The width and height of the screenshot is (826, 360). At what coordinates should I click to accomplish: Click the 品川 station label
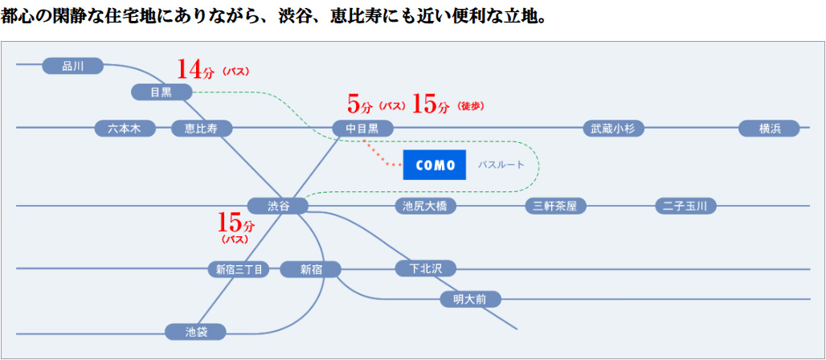tap(72, 66)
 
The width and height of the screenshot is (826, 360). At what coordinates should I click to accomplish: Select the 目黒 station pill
tap(162, 92)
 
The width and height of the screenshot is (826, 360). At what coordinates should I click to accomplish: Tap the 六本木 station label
tap(125, 128)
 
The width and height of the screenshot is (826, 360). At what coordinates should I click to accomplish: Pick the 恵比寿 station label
tap(202, 128)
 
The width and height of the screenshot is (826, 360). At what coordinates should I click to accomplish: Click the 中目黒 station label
tap(362, 128)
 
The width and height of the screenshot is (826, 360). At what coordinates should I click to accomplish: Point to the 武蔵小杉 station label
tap(613, 128)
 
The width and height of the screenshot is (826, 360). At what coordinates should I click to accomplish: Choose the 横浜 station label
tap(769, 128)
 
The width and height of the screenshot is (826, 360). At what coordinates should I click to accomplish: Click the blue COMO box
tap(435, 165)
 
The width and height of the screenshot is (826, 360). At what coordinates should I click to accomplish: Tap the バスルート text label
tap(501, 165)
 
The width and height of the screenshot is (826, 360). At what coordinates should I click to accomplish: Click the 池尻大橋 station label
tap(425, 206)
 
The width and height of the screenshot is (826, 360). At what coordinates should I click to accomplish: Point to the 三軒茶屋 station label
tap(555, 206)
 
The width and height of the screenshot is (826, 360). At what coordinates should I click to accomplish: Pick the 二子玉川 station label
tap(685, 206)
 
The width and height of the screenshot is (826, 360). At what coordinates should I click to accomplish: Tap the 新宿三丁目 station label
tap(239, 269)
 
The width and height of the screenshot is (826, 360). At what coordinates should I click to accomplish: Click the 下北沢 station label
tap(426, 268)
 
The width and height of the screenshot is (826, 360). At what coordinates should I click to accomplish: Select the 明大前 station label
tap(470, 299)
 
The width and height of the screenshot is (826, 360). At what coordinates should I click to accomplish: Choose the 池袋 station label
tap(195, 331)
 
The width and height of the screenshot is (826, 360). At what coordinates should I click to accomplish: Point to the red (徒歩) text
tap(470, 105)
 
